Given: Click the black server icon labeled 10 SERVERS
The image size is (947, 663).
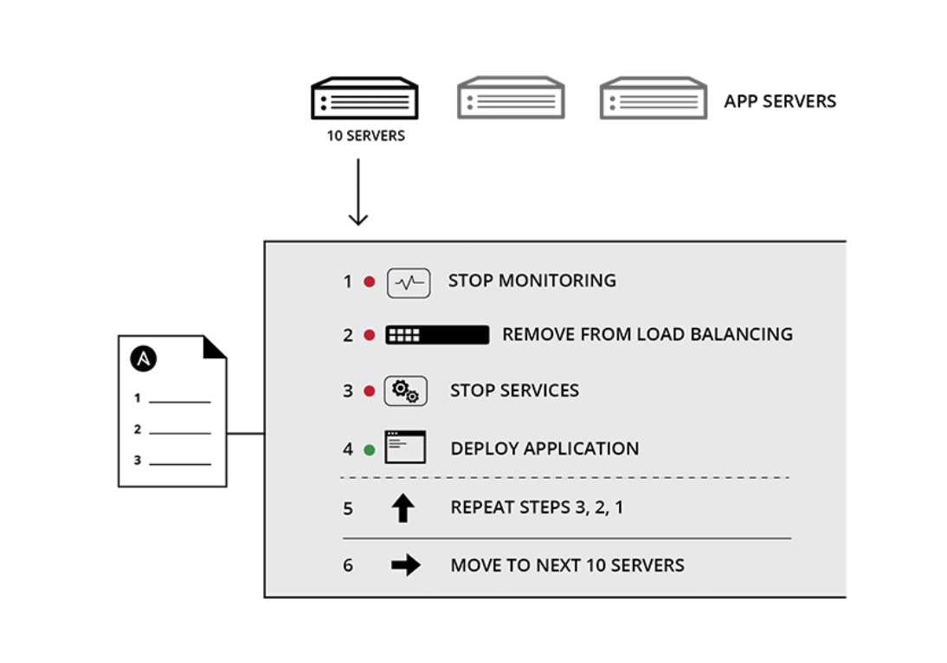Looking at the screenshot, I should click(364, 98).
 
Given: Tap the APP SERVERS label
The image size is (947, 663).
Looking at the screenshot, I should click(780, 101).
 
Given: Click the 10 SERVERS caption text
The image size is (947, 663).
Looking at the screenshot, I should click(365, 136).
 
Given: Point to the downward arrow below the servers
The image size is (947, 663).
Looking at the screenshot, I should click(358, 194).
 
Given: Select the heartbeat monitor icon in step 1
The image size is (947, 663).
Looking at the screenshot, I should click(409, 282).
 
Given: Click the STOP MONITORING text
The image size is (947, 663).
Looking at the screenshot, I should click(531, 280).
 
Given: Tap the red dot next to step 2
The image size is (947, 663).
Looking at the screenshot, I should click(369, 335).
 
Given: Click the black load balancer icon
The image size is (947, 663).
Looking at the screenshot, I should click(437, 335).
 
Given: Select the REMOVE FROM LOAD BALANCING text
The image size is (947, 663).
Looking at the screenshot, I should click(647, 334).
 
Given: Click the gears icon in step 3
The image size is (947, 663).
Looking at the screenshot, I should click(405, 391).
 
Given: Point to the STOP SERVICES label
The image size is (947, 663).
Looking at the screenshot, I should click(514, 390).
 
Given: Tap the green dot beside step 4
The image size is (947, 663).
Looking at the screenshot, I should click(369, 449).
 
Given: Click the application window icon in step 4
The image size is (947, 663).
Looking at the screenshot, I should click(405, 447).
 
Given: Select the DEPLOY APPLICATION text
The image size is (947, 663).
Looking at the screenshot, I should click(544, 448).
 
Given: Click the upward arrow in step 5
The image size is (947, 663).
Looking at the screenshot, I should click(403, 508).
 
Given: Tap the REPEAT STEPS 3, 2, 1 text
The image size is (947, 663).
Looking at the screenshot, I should click(537, 507).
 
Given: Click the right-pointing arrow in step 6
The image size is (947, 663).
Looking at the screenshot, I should click(405, 565).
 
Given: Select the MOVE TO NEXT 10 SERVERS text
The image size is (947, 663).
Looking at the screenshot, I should click(567, 565).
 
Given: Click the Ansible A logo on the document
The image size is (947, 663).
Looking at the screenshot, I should click(143, 358).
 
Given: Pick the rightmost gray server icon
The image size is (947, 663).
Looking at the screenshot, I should click(653, 98).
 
